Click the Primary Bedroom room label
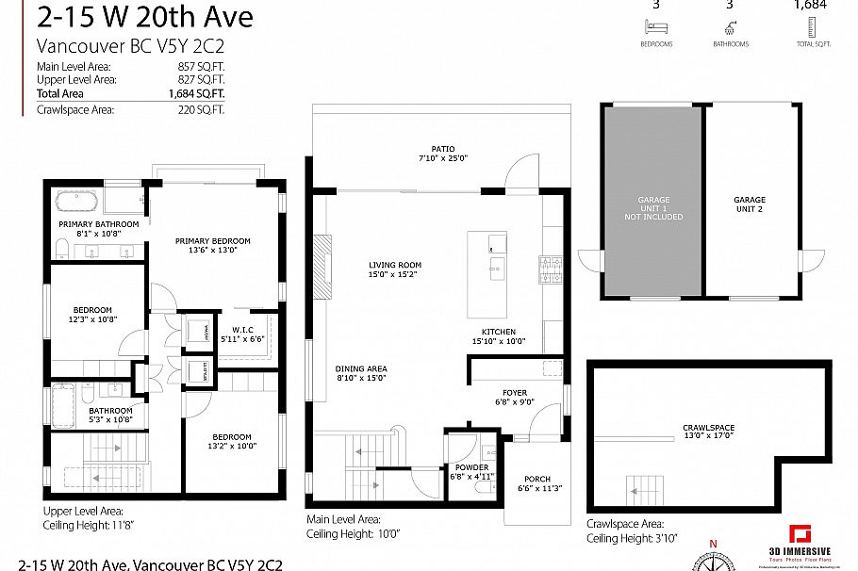tap(212, 241)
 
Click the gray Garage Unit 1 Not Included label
tap(653, 208)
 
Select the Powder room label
tap(470, 466)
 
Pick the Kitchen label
tap(499, 332)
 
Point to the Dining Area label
tap(361, 368)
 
